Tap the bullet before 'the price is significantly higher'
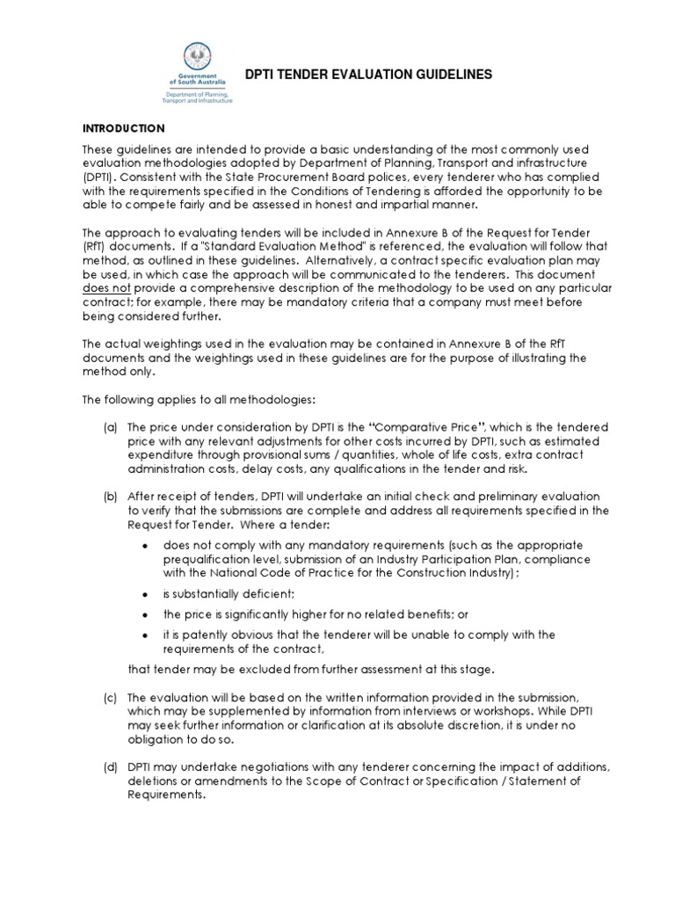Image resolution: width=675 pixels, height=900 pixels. pos(144,614)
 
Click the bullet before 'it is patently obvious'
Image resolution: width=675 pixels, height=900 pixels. pos(144,635)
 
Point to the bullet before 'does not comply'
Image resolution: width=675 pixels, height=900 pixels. pos(144,545)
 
